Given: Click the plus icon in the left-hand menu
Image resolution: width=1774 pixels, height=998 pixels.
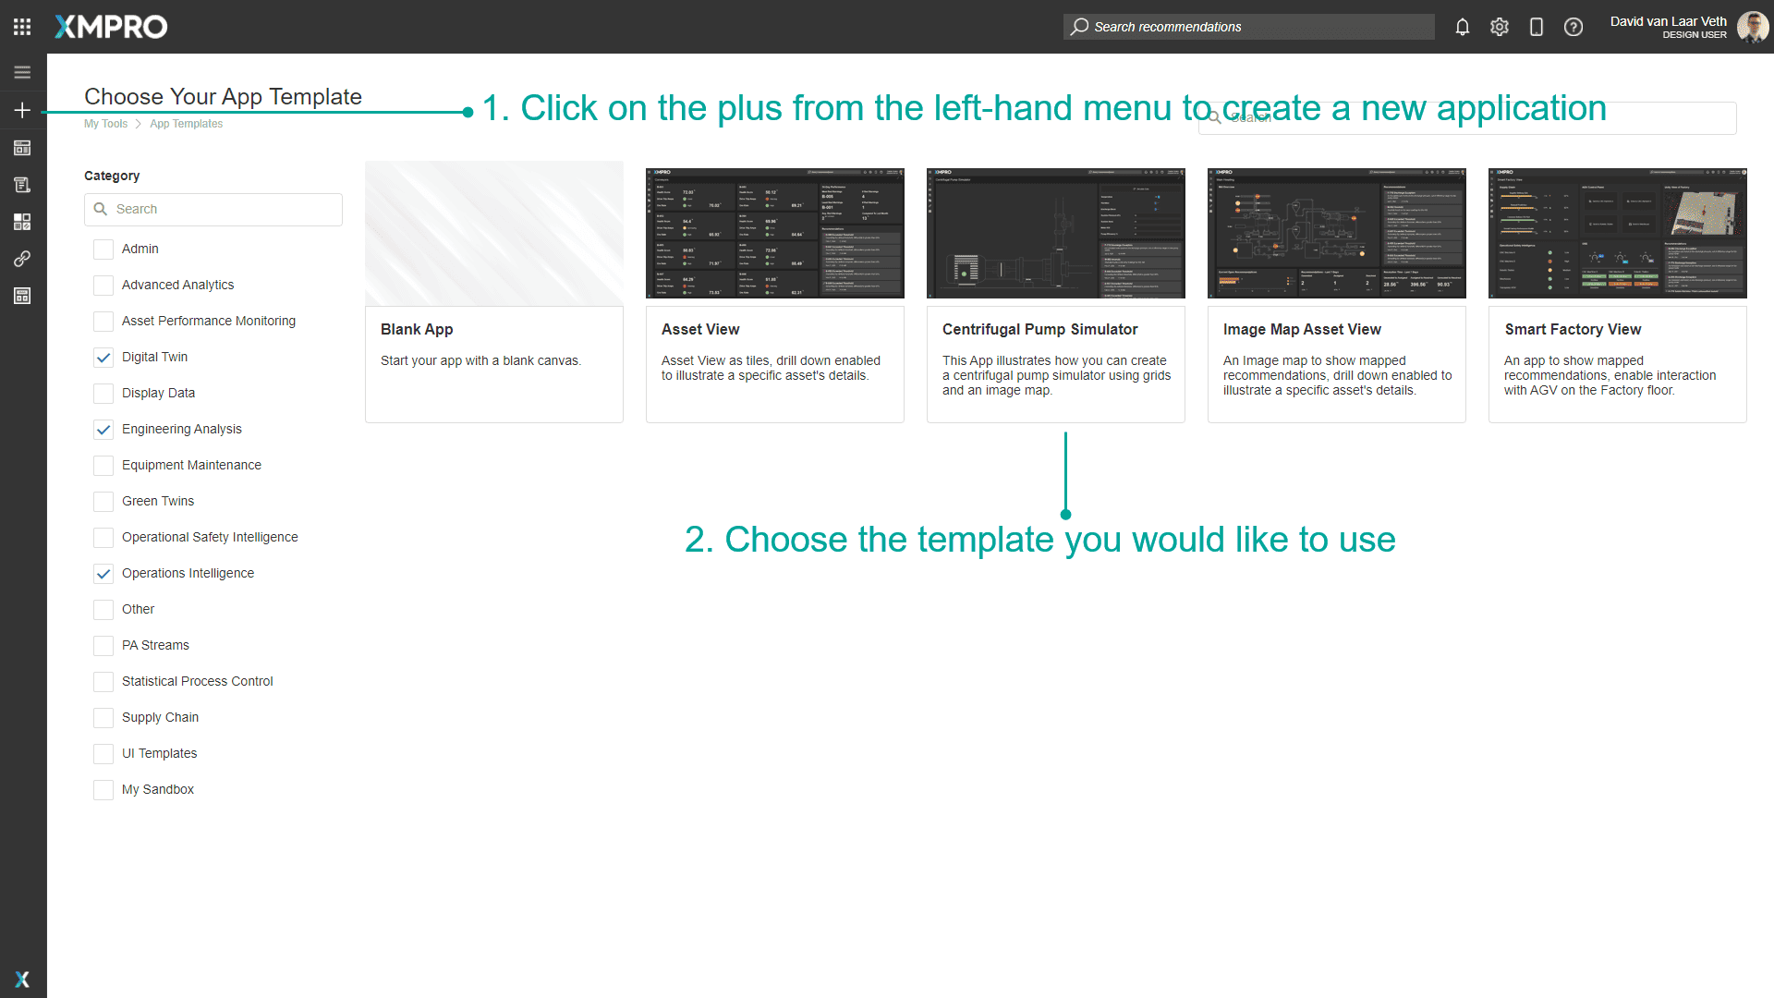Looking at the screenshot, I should [22, 110].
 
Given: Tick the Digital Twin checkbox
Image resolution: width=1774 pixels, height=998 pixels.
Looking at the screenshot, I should [103, 358].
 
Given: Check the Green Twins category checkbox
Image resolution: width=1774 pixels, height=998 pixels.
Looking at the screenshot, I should [103, 502].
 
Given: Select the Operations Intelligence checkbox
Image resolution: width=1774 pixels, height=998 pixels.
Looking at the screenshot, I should [103, 574].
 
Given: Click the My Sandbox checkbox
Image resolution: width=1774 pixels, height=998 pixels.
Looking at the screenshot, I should [103, 790].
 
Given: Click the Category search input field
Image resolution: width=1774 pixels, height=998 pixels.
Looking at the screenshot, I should [222, 210].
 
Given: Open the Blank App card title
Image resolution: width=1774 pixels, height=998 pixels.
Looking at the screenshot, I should [417, 330].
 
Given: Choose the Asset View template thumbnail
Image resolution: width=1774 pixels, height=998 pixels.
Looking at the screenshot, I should [774, 233].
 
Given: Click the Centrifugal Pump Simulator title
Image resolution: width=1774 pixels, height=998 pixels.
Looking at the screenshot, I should [1039, 330].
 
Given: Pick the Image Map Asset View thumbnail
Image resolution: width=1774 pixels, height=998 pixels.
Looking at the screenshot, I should [1336, 233].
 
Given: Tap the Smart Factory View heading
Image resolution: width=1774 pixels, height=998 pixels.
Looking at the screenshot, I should [1573, 330].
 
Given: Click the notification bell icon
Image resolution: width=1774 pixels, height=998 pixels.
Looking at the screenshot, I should [1462, 27].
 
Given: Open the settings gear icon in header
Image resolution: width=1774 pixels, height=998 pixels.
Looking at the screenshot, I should [1499, 27].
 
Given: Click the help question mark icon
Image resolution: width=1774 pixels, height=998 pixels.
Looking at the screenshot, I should [1573, 27].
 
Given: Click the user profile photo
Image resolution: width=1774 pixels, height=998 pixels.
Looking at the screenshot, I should [1752, 27].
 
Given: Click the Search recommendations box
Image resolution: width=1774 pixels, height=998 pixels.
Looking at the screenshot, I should [1247, 27].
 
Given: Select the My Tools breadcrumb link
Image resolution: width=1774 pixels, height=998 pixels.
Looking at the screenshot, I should [105, 124].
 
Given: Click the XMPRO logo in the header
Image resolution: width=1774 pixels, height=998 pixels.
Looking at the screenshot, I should [111, 27].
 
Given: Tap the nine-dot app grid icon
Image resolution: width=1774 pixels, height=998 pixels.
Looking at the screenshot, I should [22, 27].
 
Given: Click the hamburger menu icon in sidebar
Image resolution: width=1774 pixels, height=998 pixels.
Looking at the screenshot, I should [22, 72].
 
